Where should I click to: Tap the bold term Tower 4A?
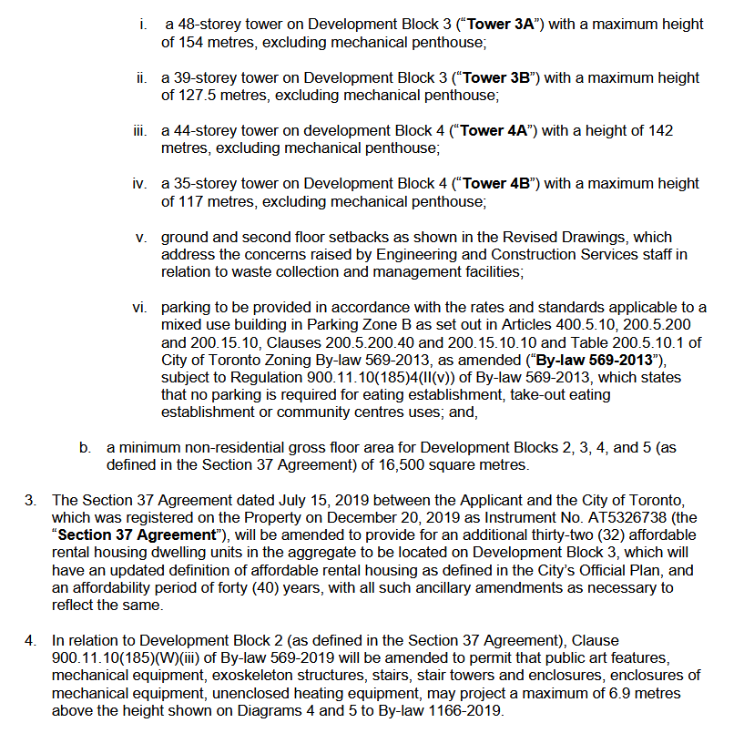pos(495,130)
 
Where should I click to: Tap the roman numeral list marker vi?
pos(139,307)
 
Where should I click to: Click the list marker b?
pos(85,448)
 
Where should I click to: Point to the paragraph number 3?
pos(30,500)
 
